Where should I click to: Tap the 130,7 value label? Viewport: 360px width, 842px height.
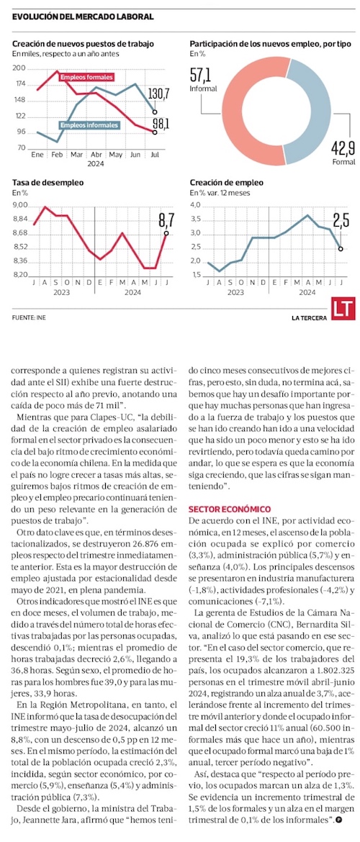point(159,94)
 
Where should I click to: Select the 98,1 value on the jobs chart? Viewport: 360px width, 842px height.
point(161,124)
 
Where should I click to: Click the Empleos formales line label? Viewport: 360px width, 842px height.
point(86,77)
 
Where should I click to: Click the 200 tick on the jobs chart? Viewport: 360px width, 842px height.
point(20,68)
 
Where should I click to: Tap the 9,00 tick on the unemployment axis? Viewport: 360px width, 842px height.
point(21,205)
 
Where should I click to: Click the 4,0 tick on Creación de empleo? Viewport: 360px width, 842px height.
point(195,205)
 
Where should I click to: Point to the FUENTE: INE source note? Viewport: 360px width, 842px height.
point(29,317)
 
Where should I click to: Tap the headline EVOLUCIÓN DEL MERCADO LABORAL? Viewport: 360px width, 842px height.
point(84,17)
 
